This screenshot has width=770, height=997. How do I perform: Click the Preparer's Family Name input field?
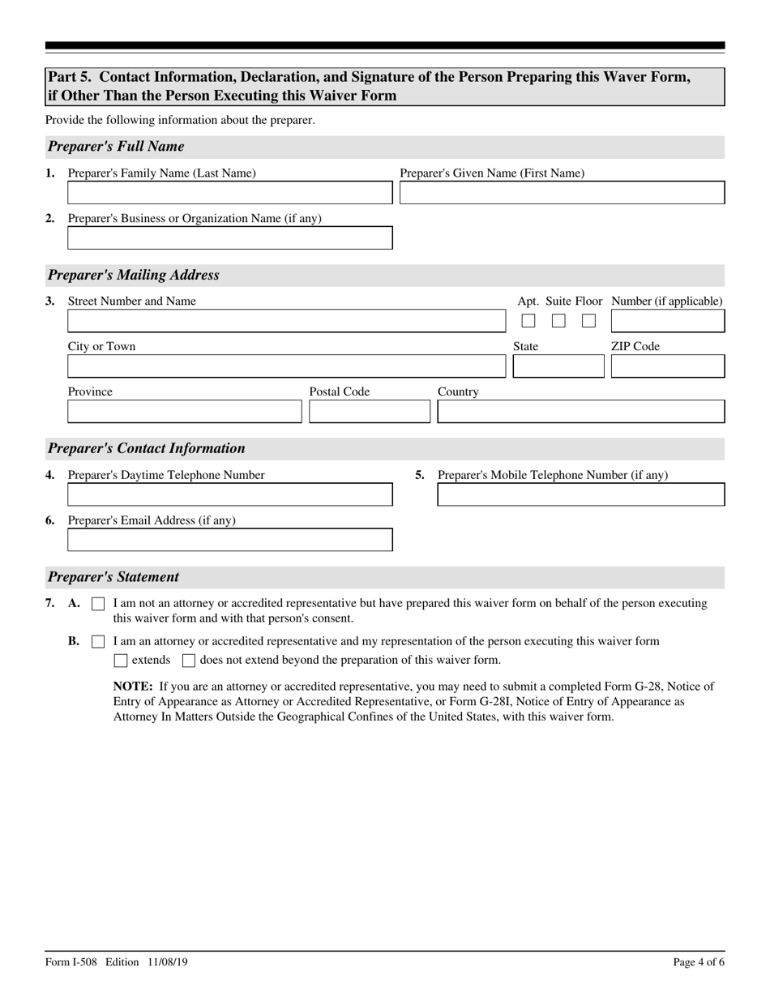[229, 193]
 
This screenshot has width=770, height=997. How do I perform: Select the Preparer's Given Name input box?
[562, 193]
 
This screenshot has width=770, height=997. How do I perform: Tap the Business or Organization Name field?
[229, 238]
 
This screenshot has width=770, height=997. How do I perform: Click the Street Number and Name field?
[285, 321]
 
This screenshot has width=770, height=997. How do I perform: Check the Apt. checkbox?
[528, 321]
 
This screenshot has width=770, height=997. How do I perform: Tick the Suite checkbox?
[558, 321]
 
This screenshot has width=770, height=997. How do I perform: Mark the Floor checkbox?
[588, 321]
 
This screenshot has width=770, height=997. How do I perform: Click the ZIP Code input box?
[667, 366]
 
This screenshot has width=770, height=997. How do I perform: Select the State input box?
[558, 366]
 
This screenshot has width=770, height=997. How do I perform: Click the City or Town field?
[285, 366]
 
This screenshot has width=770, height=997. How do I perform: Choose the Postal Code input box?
[370, 412]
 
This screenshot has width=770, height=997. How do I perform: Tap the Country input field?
[580, 412]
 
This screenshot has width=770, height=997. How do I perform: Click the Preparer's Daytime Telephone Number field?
[229, 494]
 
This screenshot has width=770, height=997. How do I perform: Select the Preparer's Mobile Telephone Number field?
[580, 494]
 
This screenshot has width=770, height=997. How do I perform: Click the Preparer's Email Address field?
[229, 540]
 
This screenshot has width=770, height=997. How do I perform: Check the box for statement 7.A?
[98, 604]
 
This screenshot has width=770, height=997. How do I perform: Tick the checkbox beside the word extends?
[121, 661]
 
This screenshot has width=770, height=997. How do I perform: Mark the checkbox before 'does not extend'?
[189, 661]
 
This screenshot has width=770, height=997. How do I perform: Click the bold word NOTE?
[133, 687]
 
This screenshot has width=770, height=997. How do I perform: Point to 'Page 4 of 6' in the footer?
[698, 962]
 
